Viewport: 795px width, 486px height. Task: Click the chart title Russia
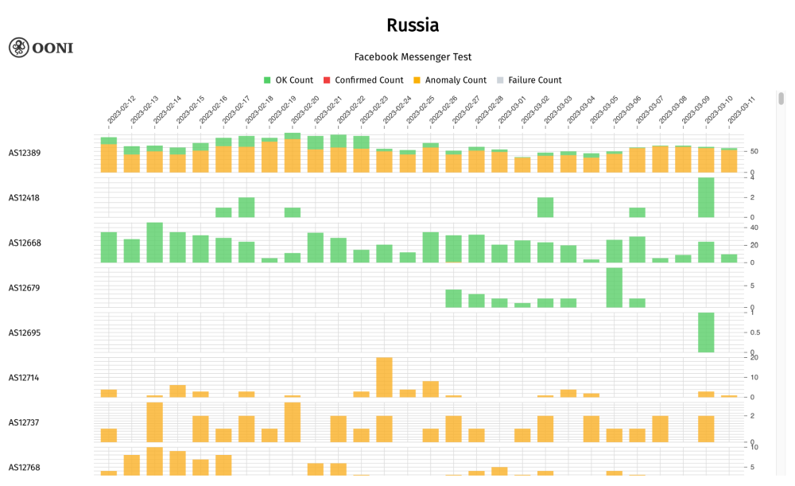[413, 25]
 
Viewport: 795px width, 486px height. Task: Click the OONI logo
[41, 48]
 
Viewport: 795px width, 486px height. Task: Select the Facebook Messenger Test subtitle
[413, 57]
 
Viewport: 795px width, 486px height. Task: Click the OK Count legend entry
[288, 80]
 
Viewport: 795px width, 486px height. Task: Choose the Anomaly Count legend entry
[449, 80]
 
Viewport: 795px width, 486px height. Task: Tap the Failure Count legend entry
[529, 80]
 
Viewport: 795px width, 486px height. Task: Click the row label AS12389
[25, 153]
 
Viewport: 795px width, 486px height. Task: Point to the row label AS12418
[25, 198]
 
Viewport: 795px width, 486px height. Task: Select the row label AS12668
[25, 243]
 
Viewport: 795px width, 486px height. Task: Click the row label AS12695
[25, 332]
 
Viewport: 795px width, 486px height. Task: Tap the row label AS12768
[25, 468]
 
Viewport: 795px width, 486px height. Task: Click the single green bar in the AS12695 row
[706, 332]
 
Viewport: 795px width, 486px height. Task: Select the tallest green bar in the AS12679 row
[614, 288]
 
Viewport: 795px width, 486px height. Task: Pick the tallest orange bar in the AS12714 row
[384, 378]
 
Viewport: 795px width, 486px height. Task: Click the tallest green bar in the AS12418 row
[706, 197]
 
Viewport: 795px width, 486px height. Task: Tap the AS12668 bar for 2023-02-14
[155, 243]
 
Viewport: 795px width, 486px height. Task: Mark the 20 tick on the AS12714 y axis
[754, 358]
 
